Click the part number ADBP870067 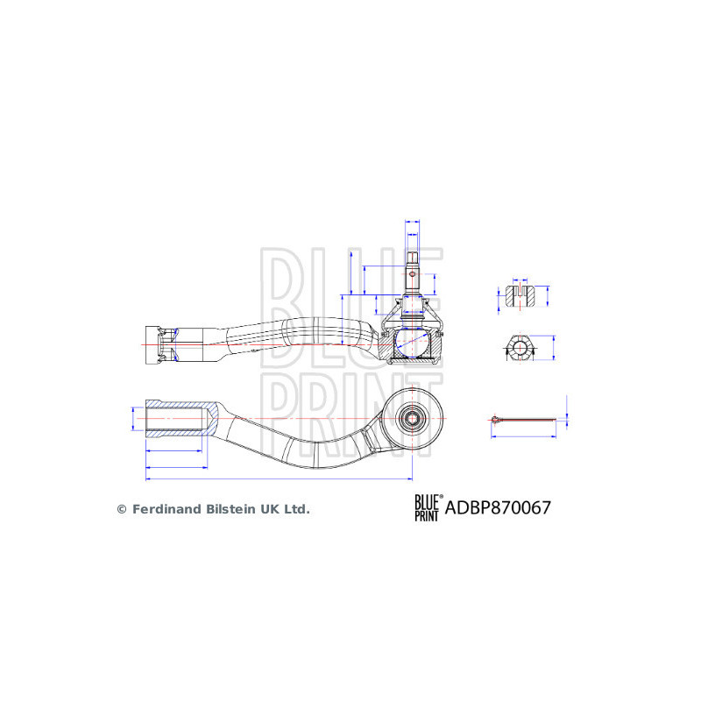coord(499,507)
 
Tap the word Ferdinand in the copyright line coord(166,508)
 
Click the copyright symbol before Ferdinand coord(122,508)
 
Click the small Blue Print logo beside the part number coord(428,507)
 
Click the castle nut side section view coord(521,295)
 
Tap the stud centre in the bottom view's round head coord(412,418)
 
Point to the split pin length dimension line coord(525,435)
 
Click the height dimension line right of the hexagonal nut coord(556,349)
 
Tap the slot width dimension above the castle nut coord(521,283)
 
